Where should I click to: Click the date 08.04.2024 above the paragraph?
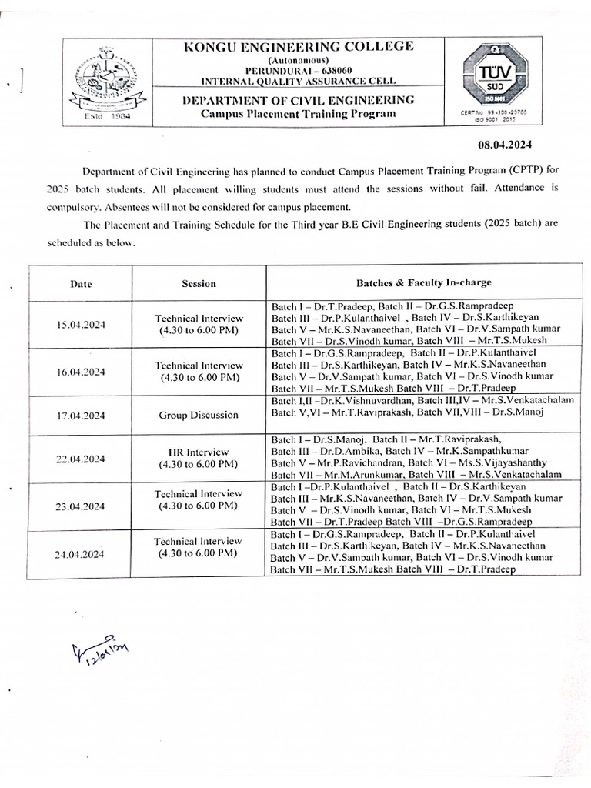499,145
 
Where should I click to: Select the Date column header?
81,283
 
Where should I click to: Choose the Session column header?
199,283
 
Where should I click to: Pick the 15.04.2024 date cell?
81,325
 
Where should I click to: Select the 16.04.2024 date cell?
81,372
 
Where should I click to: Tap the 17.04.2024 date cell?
81,416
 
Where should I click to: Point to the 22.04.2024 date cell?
81,459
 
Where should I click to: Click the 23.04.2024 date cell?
81,506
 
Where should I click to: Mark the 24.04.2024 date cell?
81,553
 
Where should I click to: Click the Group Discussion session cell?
199,416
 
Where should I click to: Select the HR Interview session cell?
199,459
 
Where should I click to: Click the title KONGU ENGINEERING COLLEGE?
299,47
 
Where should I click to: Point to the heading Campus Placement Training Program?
299,114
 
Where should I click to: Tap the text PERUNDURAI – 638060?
299,70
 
